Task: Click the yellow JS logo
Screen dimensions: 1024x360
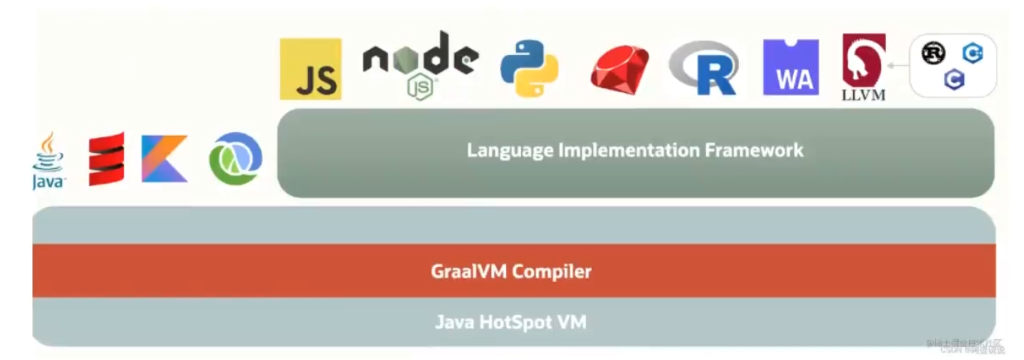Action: [x=310, y=69]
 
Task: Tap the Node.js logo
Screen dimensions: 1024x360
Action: [x=420, y=64]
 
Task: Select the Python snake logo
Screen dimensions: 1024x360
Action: [x=529, y=69]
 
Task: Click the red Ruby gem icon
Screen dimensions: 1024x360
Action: [x=619, y=69]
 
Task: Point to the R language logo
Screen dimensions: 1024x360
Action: [x=705, y=69]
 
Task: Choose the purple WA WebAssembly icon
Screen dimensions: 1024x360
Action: [x=791, y=67]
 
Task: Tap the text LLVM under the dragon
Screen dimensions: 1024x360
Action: [x=864, y=94]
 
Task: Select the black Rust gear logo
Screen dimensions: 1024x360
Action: [x=933, y=54]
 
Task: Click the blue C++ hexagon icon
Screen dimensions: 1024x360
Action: [x=972, y=53]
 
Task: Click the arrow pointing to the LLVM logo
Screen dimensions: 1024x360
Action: [x=897, y=66]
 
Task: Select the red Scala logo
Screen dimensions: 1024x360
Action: [x=106, y=159]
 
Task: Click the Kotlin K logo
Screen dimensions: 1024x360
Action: [x=164, y=159]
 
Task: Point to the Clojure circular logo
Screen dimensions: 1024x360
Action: [x=235, y=159]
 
